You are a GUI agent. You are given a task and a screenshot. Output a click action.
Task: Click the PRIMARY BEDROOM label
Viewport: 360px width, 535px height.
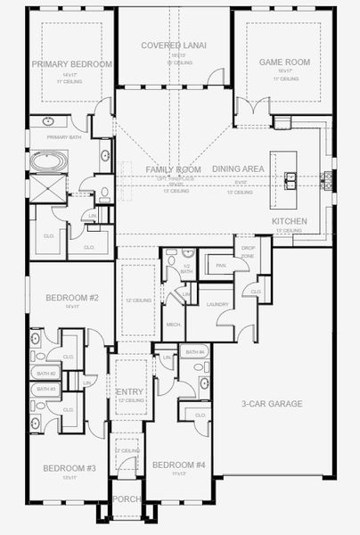[x=72, y=65]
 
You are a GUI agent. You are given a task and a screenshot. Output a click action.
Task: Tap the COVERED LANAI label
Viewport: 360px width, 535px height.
[x=175, y=45]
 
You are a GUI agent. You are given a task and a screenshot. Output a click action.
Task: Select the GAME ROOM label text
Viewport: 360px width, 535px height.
[x=277, y=62]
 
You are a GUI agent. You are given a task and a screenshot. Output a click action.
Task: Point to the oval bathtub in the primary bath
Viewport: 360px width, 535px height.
[x=48, y=162]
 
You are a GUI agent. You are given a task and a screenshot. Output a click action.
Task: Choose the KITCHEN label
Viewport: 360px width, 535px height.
[x=290, y=221]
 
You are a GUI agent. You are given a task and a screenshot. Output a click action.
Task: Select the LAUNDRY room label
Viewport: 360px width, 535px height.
[x=217, y=305]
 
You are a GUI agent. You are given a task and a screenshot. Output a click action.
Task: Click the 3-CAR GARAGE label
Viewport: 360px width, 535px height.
[x=272, y=404]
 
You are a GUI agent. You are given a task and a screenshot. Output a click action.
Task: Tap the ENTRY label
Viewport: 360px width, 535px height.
[x=130, y=391]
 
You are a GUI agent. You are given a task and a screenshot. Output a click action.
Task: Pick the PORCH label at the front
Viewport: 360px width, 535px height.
[x=127, y=498]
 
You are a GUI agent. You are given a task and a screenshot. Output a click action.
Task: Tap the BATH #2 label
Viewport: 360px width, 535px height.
[x=45, y=374]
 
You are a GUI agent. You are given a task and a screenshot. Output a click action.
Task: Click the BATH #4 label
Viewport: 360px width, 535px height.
[x=196, y=352]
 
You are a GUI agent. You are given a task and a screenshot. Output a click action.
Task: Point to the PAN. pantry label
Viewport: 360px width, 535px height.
[x=219, y=265]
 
